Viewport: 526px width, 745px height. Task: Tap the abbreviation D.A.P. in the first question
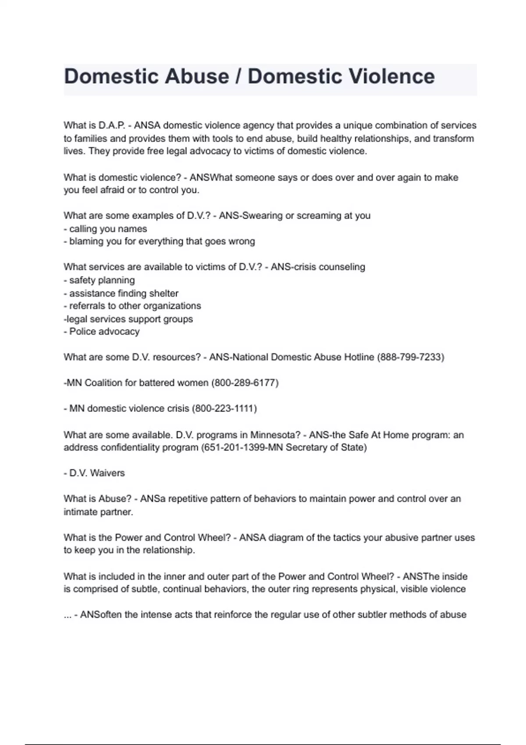pos(112,125)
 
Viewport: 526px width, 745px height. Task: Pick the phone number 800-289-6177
pos(245,383)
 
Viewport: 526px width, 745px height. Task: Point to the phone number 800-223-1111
pos(224,408)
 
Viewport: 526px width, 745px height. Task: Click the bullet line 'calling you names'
pos(108,229)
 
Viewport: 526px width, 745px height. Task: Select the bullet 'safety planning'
pos(102,280)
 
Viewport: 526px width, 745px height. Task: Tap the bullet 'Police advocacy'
pos(104,331)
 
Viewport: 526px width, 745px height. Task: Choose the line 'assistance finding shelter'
pos(124,293)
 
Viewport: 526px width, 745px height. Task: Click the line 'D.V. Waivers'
pos(97,473)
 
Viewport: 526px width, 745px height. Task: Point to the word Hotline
pos(357,357)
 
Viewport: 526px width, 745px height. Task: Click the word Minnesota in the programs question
pos(272,435)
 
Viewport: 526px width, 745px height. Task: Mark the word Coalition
pos(103,383)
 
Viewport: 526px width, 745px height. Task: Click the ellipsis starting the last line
pos(68,615)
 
